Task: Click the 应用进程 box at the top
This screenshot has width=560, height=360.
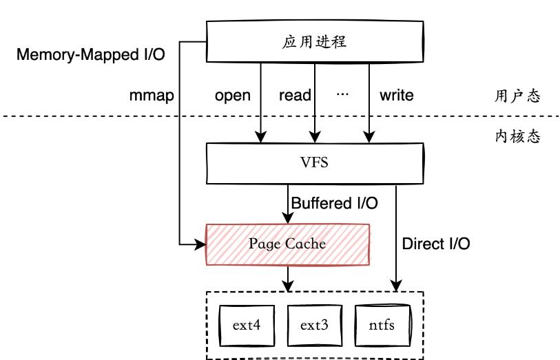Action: [314, 41]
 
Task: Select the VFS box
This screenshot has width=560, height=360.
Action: [314, 164]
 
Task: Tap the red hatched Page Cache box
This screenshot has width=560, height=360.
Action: [288, 244]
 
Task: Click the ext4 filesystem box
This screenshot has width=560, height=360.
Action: [246, 324]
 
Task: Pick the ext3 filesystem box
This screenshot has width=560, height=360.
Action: [314, 324]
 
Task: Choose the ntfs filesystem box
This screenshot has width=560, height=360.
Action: [382, 324]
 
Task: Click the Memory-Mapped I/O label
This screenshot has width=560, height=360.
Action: [90, 54]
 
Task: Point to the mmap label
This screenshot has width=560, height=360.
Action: [151, 95]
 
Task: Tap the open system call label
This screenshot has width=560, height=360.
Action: [232, 95]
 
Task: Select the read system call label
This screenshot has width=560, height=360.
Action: [295, 95]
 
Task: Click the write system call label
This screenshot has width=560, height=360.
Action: [396, 95]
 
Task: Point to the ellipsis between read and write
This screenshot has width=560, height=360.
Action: [342, 94]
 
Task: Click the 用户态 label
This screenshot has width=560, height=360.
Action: [517, 96]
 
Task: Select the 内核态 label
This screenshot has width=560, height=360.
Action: [517, 136]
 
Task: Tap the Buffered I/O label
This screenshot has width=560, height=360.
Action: [335, 203]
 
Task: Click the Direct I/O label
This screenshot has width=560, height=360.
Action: [436, 243]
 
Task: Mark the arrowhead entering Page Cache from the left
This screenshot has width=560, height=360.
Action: [202, 244]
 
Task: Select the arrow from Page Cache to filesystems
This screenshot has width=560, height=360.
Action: [288, 277]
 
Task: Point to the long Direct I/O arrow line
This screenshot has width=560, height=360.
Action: [397, 234]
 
